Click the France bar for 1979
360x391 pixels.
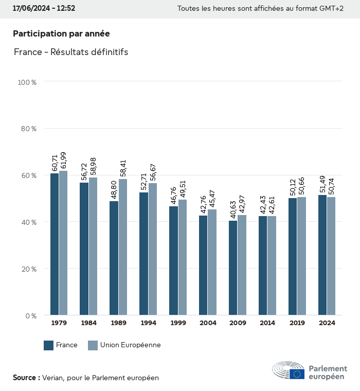click(x=54, y=244)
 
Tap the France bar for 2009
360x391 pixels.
click(x=233, y=268)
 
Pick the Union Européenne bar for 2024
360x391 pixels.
click(x=331, y=256)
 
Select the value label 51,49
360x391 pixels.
click(x=322, y=185)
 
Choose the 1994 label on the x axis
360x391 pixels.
click(x=148, y=323)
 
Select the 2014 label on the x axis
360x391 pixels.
click(x=267, y=323)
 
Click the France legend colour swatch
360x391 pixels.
click(x=49, y=345)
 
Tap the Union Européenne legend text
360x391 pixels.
click(x=131, y=345)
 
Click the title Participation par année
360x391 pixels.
click(x=61, y=33)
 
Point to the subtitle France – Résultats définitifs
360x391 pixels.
click(x=71, y=52)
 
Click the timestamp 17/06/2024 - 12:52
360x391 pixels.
click(x=44, y=8)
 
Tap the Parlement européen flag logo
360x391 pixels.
click(x=297, y=374)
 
